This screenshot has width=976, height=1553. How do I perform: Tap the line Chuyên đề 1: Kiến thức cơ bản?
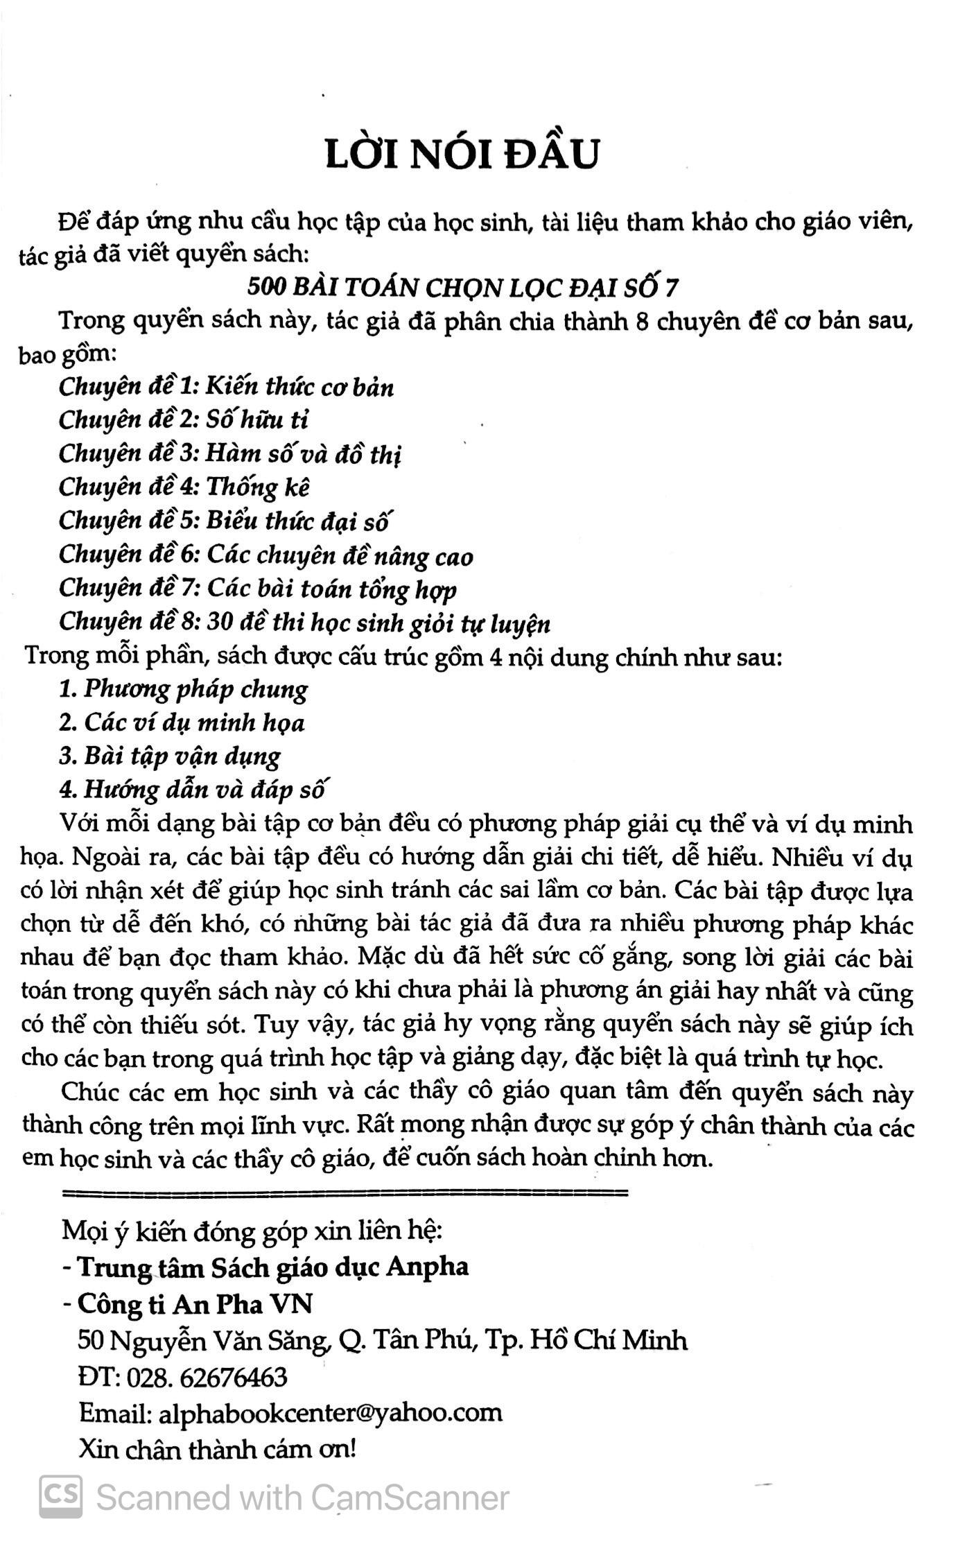[x=227, y=386]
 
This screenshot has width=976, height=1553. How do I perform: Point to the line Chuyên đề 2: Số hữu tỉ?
[x=184, y=419]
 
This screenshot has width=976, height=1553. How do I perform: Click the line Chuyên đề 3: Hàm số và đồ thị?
[x=230, y=453]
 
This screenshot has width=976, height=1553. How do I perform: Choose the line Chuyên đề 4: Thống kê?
[x=184, y=487]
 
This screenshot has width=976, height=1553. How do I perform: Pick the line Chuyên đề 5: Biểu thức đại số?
[x=225, y=521]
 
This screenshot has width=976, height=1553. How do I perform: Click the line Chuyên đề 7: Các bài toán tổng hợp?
[x=258, y=589]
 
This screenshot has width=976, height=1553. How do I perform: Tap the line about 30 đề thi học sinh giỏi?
[x=305, y=623]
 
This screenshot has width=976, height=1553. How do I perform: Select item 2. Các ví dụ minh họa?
[x=182, y=722]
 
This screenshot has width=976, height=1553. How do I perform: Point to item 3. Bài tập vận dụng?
[x=170, y=756]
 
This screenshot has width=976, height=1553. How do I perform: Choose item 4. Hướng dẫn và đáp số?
[x=193, y=790]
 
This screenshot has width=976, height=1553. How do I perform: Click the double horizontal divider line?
[x=345, y=1193]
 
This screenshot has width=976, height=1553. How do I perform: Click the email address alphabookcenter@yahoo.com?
[x=330, y=1412]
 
